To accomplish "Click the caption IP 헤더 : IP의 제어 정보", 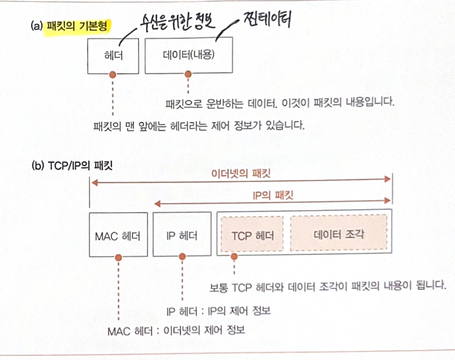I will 218,310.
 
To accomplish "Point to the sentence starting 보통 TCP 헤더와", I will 327,287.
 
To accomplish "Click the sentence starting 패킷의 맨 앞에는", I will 199,125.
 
